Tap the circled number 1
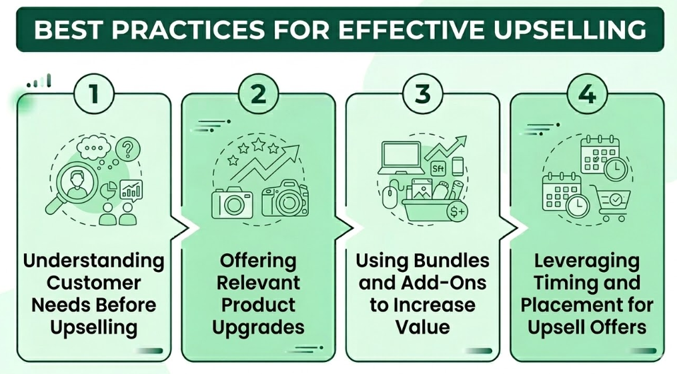[x=93, y=93]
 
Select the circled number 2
[x=258, y=93]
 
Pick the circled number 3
[x=422, y=93]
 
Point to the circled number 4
[x=587, y=93]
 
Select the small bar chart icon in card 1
[x=131, y=190]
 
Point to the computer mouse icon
[x=390, y=196]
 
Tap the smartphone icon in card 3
[x=458, y=165]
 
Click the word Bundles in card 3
[x=456, y=260]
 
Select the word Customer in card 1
[x=94, y=283]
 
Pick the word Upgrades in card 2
[x=259, y=327]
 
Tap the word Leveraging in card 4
[x=587, y=260]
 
